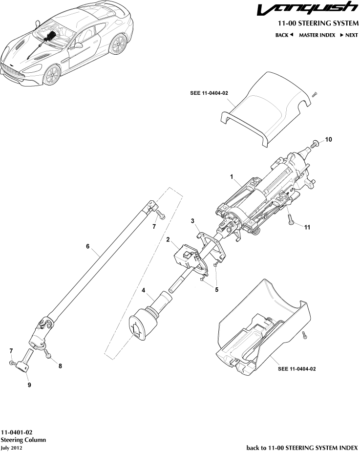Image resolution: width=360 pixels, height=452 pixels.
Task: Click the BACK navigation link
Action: (284, 35)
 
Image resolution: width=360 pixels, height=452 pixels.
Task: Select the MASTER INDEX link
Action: (317, 35)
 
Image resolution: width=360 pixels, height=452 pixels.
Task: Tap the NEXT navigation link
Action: (349, 35)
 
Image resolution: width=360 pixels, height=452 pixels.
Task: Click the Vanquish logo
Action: (308, 9)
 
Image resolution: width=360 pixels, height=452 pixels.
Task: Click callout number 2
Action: (168, 239)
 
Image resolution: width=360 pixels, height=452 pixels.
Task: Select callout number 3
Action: (193, 221)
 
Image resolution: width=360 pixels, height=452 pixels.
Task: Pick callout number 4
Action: (144, 290)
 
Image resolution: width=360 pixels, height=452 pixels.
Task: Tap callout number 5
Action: (216, 289)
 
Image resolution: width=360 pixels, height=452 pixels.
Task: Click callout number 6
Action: (88, 247)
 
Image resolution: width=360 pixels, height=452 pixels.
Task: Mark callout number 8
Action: (60, 365)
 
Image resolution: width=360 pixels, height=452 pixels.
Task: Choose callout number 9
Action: (29, 385)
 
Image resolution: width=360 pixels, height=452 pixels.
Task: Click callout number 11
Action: (307, 227)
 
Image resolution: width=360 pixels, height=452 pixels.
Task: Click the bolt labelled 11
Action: (290, 220)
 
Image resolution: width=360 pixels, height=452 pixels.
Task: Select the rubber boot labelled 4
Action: (142, 322)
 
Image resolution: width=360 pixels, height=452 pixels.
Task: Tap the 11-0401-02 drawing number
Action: (17, 432)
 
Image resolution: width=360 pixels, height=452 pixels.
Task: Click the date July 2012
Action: (12, 447)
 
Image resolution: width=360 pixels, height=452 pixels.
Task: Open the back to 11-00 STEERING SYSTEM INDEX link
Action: (302, 447)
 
